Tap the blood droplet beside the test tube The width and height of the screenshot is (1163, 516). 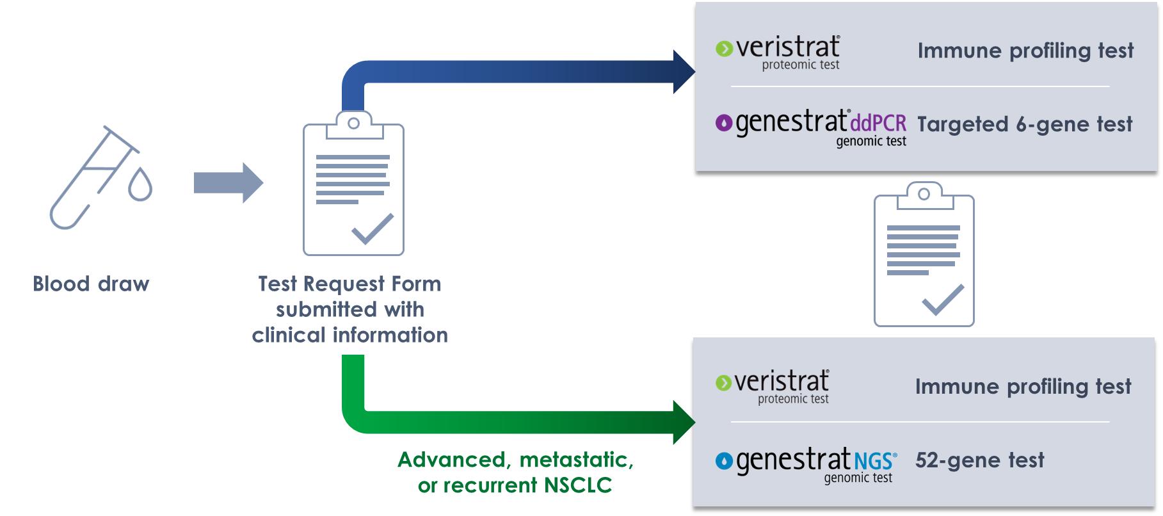click(x=140, y=185)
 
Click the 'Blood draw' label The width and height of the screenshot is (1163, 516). click(x=91, y=284)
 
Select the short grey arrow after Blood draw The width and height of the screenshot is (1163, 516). click(x=228, y=182)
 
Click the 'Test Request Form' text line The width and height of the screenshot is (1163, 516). click(x=349, y=284)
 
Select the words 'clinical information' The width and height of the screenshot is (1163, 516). click(x=349, y=335)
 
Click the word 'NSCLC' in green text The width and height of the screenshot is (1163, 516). click(x=578, y=485)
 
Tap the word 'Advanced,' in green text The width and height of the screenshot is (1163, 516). click(x=452, y=460)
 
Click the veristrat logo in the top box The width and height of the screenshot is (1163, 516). click(x=778, y=51)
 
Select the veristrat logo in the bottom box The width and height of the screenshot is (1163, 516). click(x=772, y=386)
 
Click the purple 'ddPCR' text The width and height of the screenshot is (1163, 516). click(x=878, y=122)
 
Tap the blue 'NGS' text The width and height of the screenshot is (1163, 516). click(x=875, y=460)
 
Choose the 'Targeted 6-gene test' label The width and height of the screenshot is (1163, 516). click(x=1025, y=124)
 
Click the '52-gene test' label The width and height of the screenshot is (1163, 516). click(x=979, y=460)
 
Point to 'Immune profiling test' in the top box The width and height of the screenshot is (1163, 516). click(x=1025, y=51)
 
